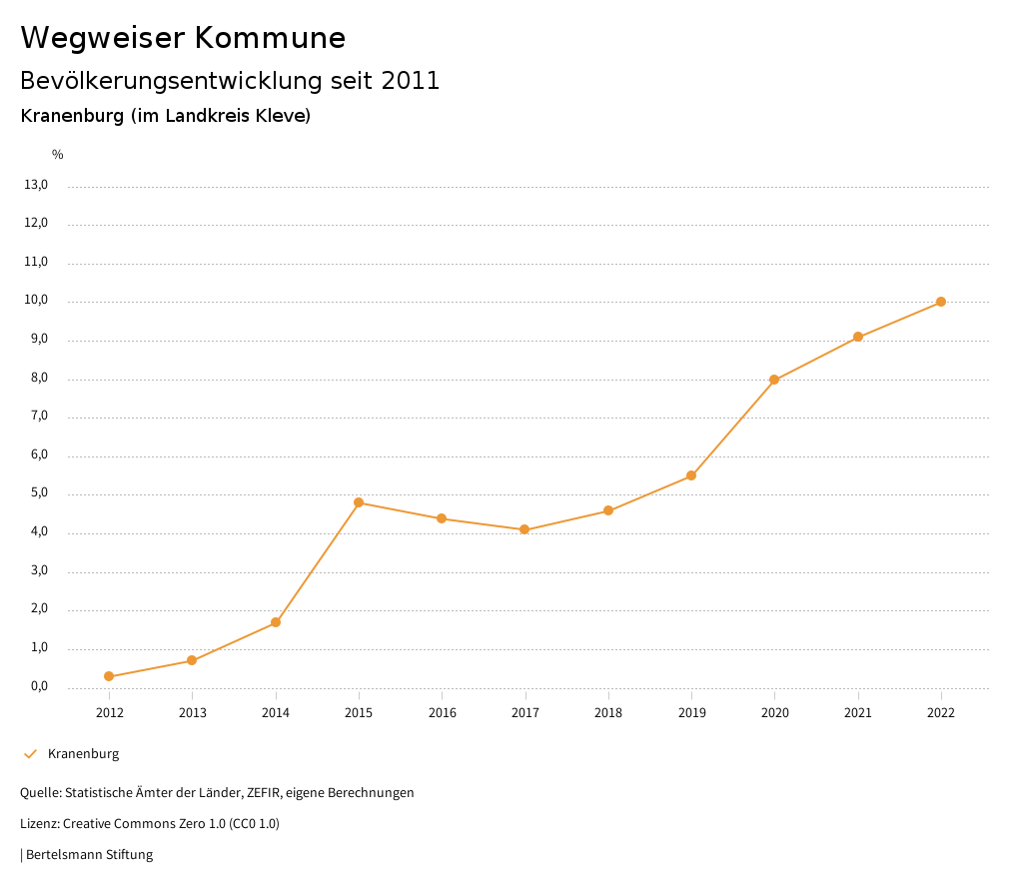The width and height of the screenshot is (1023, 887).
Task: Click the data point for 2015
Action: (359, 502)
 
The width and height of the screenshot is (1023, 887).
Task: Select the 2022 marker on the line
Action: (941, 302)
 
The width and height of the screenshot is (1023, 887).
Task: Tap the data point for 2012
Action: (109, 677)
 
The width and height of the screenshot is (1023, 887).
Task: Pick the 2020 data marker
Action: (774, 380)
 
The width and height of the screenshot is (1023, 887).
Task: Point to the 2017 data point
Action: (524, 529)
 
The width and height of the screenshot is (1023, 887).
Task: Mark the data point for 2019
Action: (691, 475)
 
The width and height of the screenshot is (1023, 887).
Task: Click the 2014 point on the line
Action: (276, 622)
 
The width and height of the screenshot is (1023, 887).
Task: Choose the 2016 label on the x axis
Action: (442, 713)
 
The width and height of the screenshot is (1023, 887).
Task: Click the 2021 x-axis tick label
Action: (858, 713)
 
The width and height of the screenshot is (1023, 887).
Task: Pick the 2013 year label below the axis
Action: (192, 713)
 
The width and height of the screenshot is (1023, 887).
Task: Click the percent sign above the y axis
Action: (58, 155)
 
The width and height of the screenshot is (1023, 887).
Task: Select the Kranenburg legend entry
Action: (83, 754)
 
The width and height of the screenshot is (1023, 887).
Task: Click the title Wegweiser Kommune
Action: (183, 38)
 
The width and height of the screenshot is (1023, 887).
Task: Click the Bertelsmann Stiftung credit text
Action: (89, 855)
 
